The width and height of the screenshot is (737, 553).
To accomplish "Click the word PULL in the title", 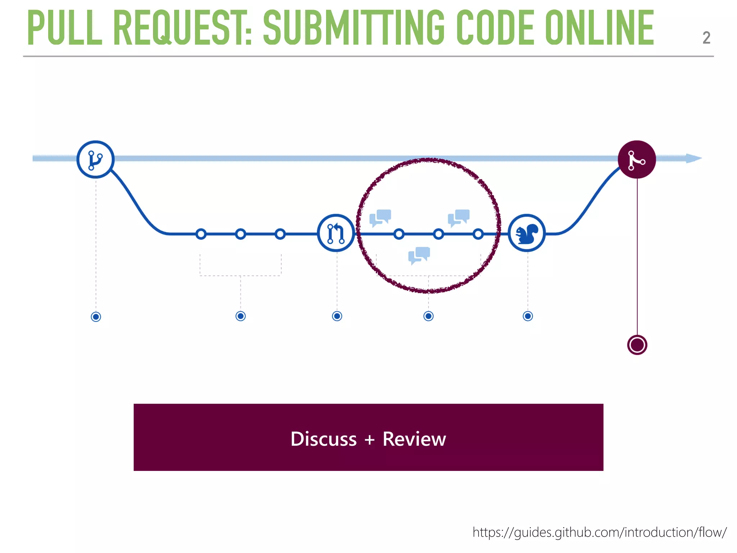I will (65, 28).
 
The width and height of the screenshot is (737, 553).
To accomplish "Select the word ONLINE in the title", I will (599, 28).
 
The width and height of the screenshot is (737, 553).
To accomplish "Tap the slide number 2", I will (706, 38).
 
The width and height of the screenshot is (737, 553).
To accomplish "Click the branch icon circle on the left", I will (95, 159).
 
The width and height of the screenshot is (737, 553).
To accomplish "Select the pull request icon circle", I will (336, 233).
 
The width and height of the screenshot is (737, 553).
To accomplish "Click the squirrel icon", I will (527, 233).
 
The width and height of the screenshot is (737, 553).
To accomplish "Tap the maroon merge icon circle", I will (637, 159).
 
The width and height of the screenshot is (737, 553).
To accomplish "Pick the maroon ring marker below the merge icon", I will (637, 345).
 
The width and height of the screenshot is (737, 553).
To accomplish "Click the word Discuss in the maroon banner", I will (324, 439).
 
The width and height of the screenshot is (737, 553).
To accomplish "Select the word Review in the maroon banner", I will (414, 439).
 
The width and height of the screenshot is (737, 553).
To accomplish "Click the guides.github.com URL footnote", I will (600, 532).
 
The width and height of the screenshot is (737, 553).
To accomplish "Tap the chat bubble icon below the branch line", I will (419, 255).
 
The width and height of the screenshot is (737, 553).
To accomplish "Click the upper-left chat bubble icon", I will (380, 217).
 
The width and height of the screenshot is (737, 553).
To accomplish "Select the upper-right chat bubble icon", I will (459, 217).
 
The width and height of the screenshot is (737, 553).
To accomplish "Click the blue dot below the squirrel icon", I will (528, 316).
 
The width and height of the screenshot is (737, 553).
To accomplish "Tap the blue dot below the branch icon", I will (96, 317).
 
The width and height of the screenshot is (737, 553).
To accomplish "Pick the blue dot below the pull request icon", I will (337, 316).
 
